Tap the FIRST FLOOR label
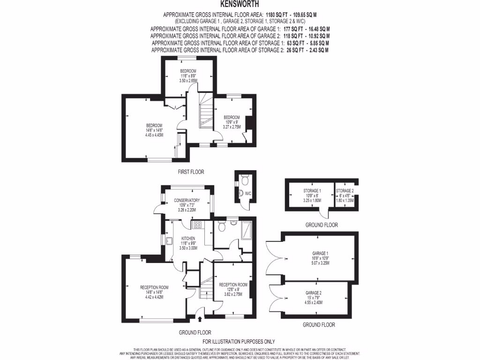pos(191,172)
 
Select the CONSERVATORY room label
pos(187,200)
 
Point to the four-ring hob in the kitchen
pos(198,225)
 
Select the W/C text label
pos(248,193)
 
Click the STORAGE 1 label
pos(312,191)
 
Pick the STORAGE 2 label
pos(345,191)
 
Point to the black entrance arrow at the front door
pos(200,320)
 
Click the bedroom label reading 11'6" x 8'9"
pos(188,75)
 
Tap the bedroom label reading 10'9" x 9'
pos(232,122)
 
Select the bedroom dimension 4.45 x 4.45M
pos(154,135)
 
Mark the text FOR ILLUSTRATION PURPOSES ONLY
pos(239,342)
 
